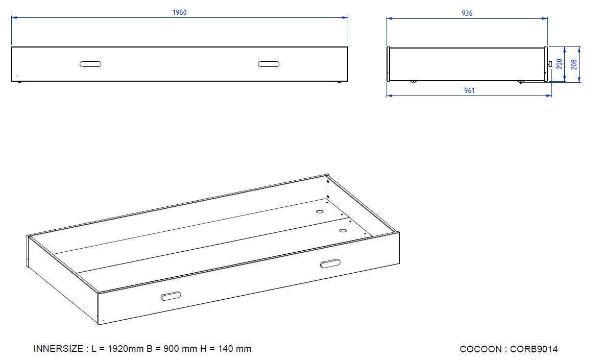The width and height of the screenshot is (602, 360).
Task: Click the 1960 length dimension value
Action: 179,13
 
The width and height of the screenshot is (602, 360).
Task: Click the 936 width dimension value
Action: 467,14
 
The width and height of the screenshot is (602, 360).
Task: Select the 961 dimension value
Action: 469,91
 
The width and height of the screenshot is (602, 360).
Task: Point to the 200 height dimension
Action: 560,64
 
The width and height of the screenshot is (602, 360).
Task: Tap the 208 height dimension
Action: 574,64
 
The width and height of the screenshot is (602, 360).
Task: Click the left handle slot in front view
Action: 90,64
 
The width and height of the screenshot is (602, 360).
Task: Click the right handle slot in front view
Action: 269,64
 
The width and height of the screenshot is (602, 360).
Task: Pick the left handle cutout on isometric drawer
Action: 171,296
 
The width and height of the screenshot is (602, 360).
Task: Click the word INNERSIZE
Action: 58,349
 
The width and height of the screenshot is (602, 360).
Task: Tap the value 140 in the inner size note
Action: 226,349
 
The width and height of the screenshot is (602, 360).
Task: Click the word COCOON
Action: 480,349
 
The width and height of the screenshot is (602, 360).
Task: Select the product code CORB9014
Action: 534,349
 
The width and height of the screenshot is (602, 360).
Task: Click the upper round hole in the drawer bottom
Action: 320,211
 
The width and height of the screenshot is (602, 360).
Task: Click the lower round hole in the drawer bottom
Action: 343,231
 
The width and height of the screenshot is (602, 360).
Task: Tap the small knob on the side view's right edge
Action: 550,64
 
